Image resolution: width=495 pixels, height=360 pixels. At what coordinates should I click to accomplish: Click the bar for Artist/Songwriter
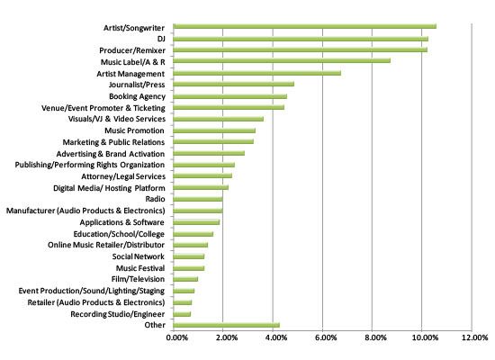point(304,26)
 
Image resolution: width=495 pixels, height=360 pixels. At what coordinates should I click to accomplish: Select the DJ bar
point(301,39)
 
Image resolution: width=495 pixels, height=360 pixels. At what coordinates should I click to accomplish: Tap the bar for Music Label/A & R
point(282,60)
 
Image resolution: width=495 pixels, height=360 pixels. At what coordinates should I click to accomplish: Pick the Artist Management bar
point(257,73)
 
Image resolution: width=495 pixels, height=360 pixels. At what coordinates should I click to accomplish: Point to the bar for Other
point(226,325)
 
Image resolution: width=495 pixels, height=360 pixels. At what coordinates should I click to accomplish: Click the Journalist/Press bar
point(234,84)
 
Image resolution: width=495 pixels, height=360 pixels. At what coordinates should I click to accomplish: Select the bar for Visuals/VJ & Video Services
point(218,119)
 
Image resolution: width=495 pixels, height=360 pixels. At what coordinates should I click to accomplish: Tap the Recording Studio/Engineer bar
point(182,314)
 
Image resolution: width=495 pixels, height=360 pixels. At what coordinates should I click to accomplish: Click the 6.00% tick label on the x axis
point(326,337)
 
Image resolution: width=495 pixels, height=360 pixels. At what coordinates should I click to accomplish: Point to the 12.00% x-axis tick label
point(475,337)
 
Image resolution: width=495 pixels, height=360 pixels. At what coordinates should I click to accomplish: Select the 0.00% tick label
point(177,337)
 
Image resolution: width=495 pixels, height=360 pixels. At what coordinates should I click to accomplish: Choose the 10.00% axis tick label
point(425,337)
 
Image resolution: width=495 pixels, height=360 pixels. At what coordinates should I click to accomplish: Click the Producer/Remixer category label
point(132,50)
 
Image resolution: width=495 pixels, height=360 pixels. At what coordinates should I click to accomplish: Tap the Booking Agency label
point(137,96)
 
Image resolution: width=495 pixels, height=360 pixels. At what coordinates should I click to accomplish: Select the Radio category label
point(155,199)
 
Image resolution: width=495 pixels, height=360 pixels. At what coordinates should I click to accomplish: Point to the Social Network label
point(139,256)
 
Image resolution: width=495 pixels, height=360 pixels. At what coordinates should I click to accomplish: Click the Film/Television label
point(138,279)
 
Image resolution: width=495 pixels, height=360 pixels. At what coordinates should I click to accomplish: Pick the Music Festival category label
point(140,268)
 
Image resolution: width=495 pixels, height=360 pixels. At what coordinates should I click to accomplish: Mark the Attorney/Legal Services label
point(123,176)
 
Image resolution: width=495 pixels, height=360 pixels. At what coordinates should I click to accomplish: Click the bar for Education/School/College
point(193,234)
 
